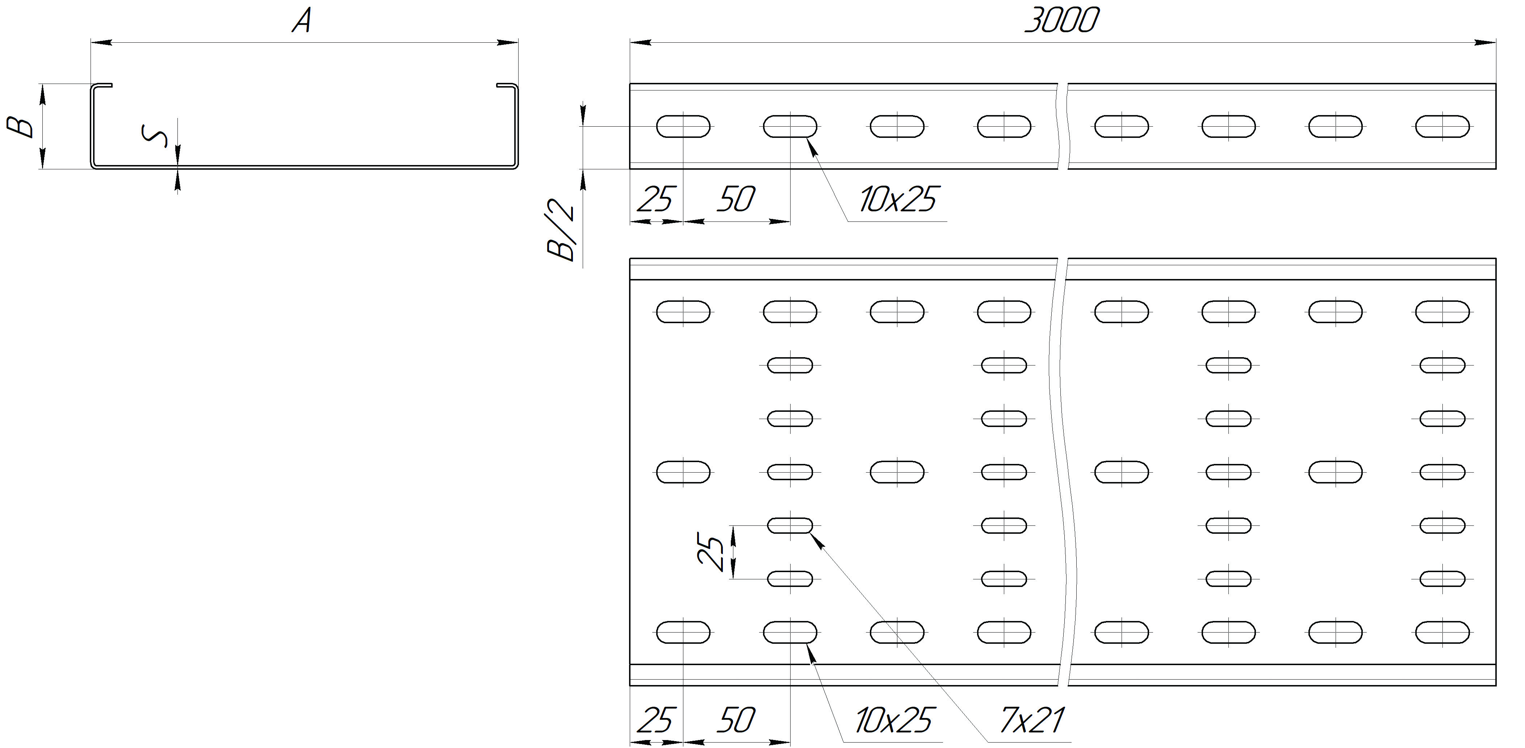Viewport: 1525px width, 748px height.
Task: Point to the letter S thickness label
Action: click(x=155, y=136)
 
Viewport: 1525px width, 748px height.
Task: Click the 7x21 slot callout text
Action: click(x=1031, y=720)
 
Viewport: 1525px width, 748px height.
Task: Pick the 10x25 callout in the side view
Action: click(x=897, y=199)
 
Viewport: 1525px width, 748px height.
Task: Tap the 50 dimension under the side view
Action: click(x=736, y=199)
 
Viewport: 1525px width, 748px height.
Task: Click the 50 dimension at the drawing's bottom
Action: click(x=736, y=720)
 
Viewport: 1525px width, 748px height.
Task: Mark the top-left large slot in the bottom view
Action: click(x=683, y=312)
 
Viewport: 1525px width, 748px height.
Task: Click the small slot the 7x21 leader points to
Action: click(x=790, y=525)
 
